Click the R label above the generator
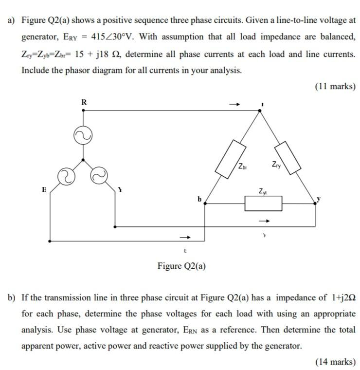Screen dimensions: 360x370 pyautogui.click(x=84, y=102)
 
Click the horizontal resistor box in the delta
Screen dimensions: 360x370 pyautogui.click(x=263, y=204)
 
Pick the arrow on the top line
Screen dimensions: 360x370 pyautogui.click(x=235, y=104)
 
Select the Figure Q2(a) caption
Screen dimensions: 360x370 pyautogui.click(x=181, y=266)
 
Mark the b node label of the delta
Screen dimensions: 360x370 pyautogui.click(x=199, y=198)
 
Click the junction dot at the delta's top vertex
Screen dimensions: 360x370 pyautogui.click(x=260, y=111)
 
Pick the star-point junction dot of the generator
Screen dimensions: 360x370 pyautogui.click(x=84, y=159)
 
